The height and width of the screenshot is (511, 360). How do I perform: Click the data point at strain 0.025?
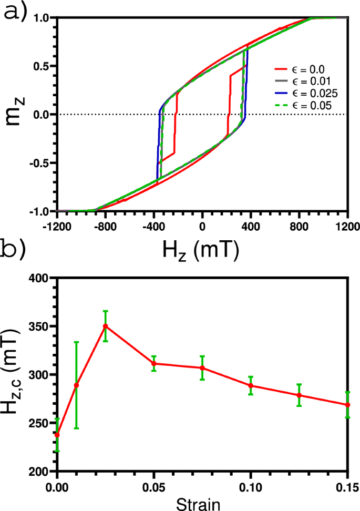click(x=105, y=326)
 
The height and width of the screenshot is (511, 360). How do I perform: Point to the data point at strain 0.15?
click(x=347, y=405)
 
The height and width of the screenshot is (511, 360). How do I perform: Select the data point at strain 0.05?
click(x=153, y=364)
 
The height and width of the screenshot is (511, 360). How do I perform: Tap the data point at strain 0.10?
click(x=251, y=386)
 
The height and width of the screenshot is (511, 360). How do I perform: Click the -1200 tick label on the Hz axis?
click(x=56, y=223)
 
